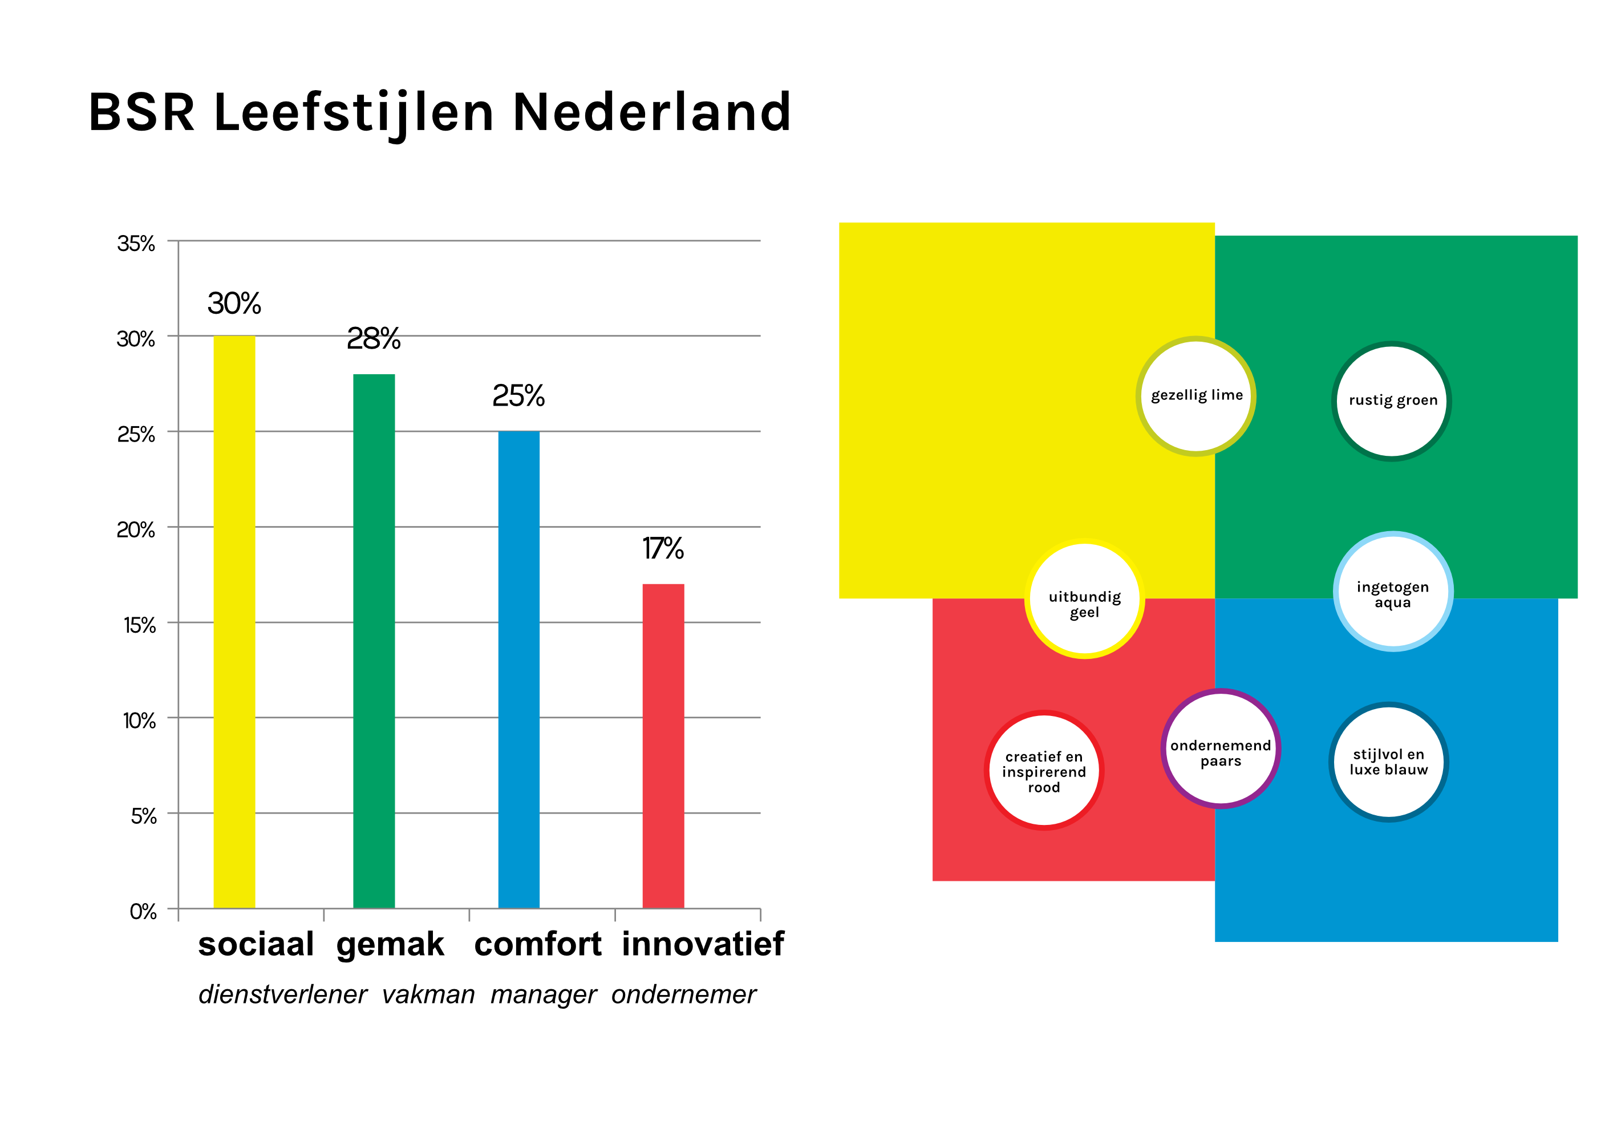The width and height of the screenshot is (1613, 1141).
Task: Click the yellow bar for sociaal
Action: click(x=234, y=622)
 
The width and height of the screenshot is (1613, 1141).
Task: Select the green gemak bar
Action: click(x=374, y=641)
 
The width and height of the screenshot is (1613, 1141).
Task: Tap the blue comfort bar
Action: click(x=519, y=670)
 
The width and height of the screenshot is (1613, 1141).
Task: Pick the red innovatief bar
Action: click(x=663, y=746)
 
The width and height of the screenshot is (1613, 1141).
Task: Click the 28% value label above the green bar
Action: click(x=374, y=339)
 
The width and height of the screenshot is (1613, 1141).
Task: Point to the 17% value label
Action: click(x=663, y=549)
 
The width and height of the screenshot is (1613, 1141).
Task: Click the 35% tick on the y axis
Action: click(x=136, y=244)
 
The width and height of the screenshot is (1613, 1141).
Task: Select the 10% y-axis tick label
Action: click(x=139, y=721)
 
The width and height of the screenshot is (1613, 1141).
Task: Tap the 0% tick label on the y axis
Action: click(x=143, y=912)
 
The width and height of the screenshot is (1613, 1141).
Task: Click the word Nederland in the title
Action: click(x=652, y=112)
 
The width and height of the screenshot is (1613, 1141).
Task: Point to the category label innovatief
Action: click(x=703, y=944)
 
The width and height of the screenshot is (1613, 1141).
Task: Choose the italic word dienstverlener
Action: click(x=282, y=995)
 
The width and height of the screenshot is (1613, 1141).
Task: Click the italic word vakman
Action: click(x=428, y=995)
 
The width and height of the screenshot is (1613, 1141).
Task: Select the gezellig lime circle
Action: click(x=1195, y=396)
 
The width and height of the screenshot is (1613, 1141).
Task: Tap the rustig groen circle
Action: click(x=1392, y=401)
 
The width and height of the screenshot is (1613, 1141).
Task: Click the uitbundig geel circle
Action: click(x=1085, y=598)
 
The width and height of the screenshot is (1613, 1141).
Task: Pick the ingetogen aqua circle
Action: click(x=1393, y=591)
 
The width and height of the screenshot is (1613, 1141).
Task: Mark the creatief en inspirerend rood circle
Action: click(x=1044, y=770)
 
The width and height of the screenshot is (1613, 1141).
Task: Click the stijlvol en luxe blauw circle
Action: click(x=1389, y=762)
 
